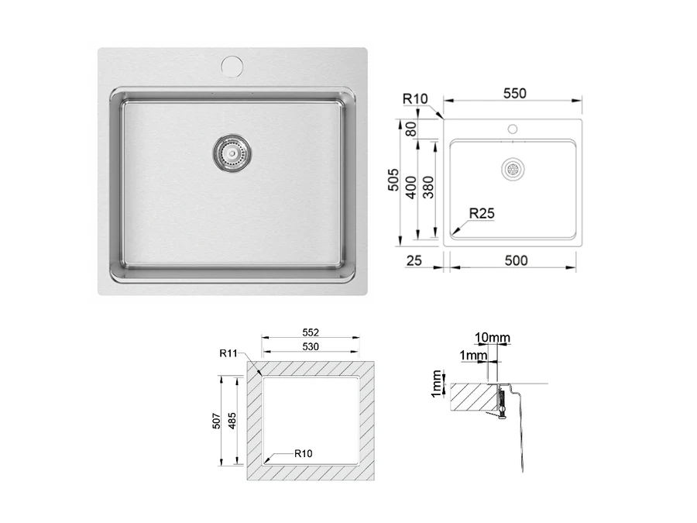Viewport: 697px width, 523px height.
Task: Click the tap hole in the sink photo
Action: (232, 65)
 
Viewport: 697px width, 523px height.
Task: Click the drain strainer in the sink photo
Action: (232, 153)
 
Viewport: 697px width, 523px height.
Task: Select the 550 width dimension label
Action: (515, 94)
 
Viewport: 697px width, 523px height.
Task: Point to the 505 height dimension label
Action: (393, 180)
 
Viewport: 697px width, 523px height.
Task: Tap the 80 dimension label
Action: (411, 129)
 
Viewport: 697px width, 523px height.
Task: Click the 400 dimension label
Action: (411, 188)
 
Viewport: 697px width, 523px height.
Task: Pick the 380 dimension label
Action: (428, 188)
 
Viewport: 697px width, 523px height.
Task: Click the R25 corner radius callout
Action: (482, 214)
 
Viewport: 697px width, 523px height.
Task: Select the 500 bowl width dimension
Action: (516, 260)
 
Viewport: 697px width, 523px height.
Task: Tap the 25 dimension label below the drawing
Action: (414, 260)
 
